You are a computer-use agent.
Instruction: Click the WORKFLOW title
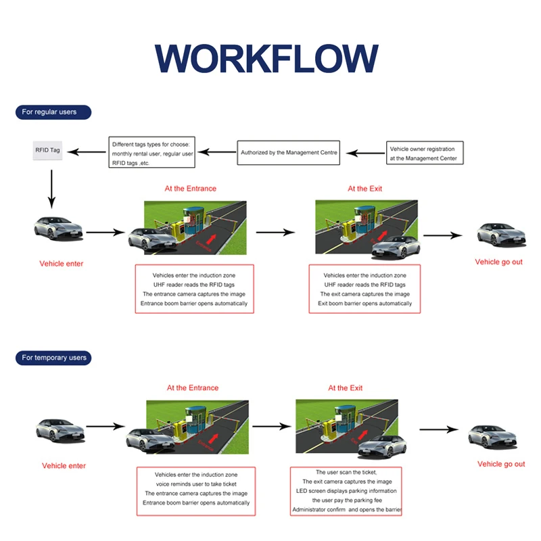pyautogui.click(x=266, y=58)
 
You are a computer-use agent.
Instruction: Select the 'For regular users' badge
pyautogui.click(x=53, y=112)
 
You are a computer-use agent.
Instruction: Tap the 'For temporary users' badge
pyautogui.click(x=53, y=357)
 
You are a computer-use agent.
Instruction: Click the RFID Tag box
pyautogui.click(x=48, y=149)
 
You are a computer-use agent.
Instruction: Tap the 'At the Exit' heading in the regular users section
pyautogui.click(x=364, y=189)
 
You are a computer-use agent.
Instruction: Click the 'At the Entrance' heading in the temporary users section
pyautogui.click(x=193, y=387)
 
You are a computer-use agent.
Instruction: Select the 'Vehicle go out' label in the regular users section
pyautogui.click(x=498, y=262)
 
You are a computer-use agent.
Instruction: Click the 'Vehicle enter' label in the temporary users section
pyautogui.click(x=64, y=465)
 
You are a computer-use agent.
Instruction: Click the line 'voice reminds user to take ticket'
pyautogui.click(x=197, y=484)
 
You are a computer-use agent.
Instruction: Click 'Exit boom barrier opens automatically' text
pyautogui.click(x=364, y=303)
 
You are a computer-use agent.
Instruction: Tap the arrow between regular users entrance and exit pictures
pyautogui.click(x=280, y=233)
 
